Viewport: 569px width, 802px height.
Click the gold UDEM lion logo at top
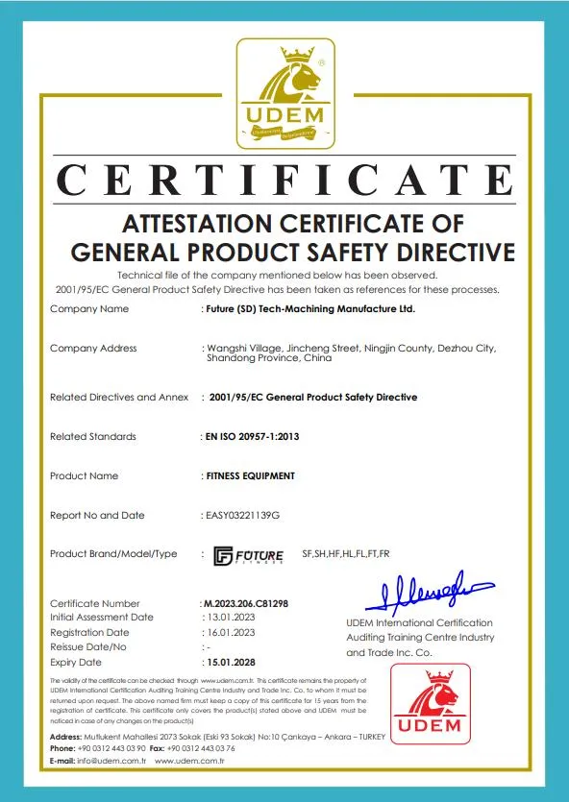286,94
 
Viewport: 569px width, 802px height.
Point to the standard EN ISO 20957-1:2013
254,436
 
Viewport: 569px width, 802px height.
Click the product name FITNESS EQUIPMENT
251,475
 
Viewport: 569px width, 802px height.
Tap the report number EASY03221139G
242,516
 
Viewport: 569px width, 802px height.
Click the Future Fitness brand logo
248,555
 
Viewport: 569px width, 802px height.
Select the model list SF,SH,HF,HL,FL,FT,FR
345,555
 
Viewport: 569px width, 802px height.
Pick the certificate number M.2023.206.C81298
246,604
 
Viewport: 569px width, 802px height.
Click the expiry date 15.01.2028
234,663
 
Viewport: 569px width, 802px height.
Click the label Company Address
93,348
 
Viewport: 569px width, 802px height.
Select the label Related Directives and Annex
119,397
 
